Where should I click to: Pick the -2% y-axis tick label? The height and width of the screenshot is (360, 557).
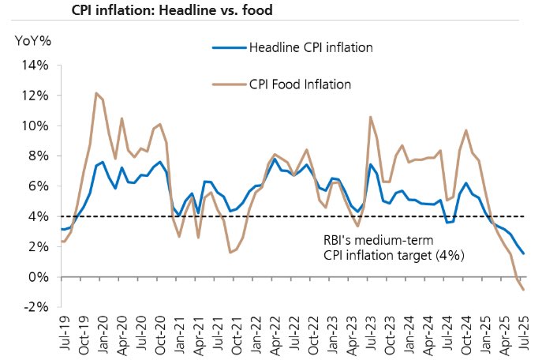[39, 307]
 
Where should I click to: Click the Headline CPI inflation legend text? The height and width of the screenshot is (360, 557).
[310, 48]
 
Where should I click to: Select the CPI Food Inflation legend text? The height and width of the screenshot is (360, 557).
[300, 84]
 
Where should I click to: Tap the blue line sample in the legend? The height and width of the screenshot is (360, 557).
[229, 48]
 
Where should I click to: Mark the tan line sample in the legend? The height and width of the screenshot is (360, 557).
[229, 84]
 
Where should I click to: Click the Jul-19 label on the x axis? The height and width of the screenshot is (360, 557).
[63, 334]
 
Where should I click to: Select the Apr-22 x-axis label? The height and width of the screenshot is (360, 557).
[273, 334]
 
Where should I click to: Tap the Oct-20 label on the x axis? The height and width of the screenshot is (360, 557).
[159, 334]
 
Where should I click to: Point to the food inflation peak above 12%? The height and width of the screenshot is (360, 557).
[96, 93]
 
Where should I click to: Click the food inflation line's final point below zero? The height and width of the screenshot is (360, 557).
[523, 290]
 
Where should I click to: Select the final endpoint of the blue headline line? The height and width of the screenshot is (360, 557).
[523, 253]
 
